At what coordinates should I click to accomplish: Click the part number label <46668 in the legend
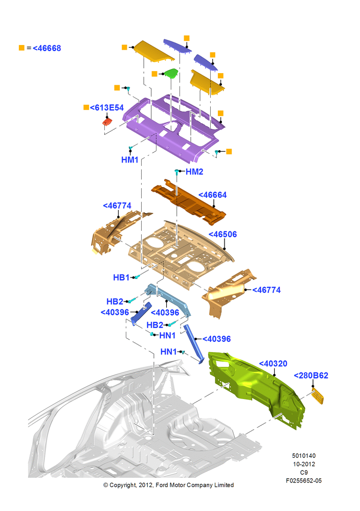(47, 48)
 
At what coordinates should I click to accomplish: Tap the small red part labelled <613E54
(107, 122)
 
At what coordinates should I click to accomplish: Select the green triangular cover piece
(171, 73)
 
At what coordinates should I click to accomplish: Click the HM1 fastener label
(130, 159)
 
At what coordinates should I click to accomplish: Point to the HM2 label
(194, 172)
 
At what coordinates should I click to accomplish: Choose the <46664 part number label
(213, 195)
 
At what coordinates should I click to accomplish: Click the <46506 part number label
(223, 235)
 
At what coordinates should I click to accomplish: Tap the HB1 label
(121, 277)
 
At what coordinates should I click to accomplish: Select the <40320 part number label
(273, 364)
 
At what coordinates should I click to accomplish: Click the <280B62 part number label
(311, 376)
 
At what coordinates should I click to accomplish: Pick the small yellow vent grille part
(318, 396)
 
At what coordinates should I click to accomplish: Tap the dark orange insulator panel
(189, 202)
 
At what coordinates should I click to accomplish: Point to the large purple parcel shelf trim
(173, 129)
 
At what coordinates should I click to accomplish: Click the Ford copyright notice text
(169, 485)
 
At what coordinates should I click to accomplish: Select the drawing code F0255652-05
(304, 481)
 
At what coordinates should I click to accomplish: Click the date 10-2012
(304, 464)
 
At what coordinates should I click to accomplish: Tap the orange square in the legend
(21, 48)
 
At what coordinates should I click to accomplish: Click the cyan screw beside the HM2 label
(177, 172)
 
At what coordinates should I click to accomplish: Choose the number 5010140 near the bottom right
(304, 456)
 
